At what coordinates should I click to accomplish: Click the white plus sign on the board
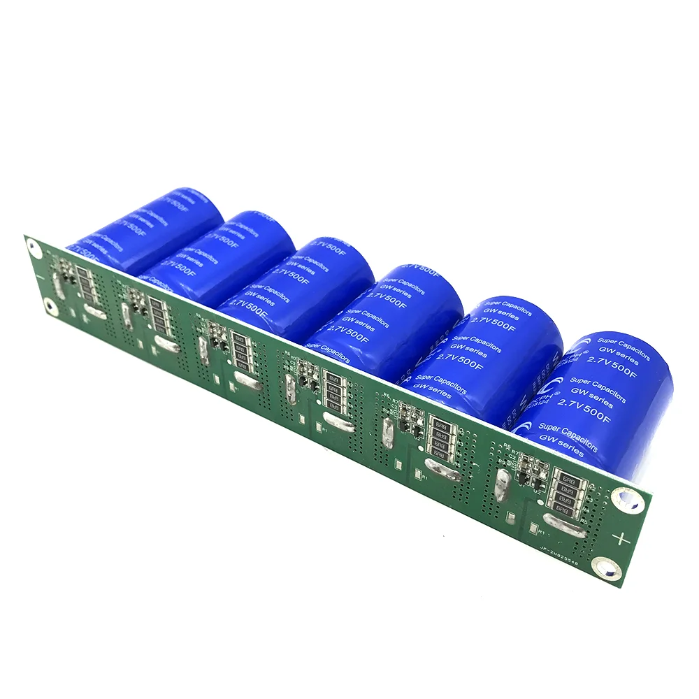[619, 538]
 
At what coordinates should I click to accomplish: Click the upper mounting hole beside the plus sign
[624, 498]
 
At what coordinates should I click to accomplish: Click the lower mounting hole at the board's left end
[49, 305]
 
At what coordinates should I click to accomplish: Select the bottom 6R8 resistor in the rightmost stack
[568, 512]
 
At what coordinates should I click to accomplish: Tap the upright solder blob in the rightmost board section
[502, 482]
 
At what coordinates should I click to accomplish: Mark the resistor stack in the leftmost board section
[85, 284]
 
